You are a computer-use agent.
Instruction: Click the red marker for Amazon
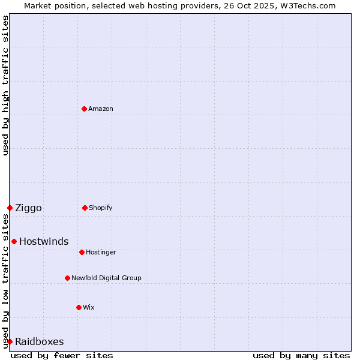(x=84, y=109)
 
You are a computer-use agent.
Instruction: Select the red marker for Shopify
(x=85, y=208)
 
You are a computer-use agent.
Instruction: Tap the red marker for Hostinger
(x=82, y=252)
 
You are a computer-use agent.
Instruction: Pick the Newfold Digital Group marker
(x=67, y=278)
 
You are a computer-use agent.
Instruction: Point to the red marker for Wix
(x=79, y=307)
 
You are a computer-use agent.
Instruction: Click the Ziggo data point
(x=10, y=208)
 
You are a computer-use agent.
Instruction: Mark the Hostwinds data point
(x=14, y=241)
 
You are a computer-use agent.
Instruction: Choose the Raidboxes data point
(x=10, y=341)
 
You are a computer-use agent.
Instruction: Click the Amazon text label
(x=101, y=109)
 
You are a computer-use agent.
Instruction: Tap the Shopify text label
(x=101, y=208)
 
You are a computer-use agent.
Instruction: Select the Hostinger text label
(x=101, y=252)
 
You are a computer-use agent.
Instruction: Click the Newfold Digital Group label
(x=106, y=278)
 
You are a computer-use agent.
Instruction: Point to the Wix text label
(x=89, y=307)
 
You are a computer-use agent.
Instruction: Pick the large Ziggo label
(x=28, y=208)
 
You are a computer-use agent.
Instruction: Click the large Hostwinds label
(x=44, y=241)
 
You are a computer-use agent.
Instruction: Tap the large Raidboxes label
(x=39, y=341)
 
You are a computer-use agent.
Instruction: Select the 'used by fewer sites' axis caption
(x=62, y=355)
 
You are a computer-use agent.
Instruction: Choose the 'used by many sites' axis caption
(x=301, y=355)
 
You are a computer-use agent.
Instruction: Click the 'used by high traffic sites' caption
(x=5, y=86)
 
